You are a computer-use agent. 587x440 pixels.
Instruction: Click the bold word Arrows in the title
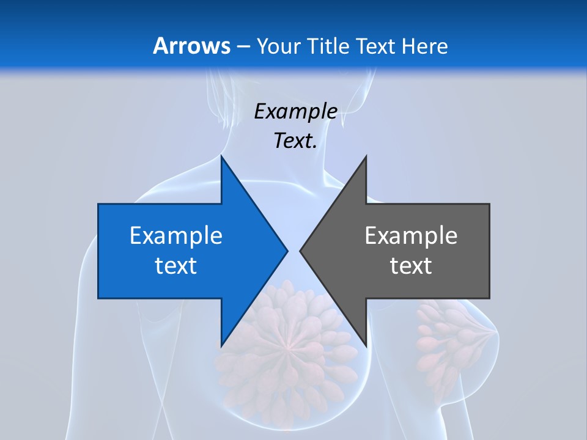(x=192, y=46)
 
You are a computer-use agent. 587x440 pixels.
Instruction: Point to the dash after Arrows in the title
(x=243, y=46)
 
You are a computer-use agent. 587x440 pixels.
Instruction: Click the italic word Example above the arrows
(x=296, y=111)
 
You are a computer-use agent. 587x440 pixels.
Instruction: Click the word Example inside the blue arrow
(x=176, y=235)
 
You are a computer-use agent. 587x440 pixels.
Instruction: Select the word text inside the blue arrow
(x=176, y=265)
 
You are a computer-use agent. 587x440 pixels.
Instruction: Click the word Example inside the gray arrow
(x=411, y=235)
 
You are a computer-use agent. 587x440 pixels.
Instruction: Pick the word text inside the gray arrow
(x=411, y=265)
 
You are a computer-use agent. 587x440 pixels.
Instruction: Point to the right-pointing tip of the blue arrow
(x=287, y=251)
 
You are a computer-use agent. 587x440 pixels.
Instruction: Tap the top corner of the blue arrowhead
(x=222, y=157)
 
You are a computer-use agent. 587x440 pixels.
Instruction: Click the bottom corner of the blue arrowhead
(x=222, y=345)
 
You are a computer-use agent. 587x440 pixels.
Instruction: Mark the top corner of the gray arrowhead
(x=366, y=157)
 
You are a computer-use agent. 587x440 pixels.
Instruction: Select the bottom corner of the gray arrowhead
(x=366, y=345)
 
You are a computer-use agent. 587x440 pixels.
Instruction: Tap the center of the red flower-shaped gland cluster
(x=283, y=345)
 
